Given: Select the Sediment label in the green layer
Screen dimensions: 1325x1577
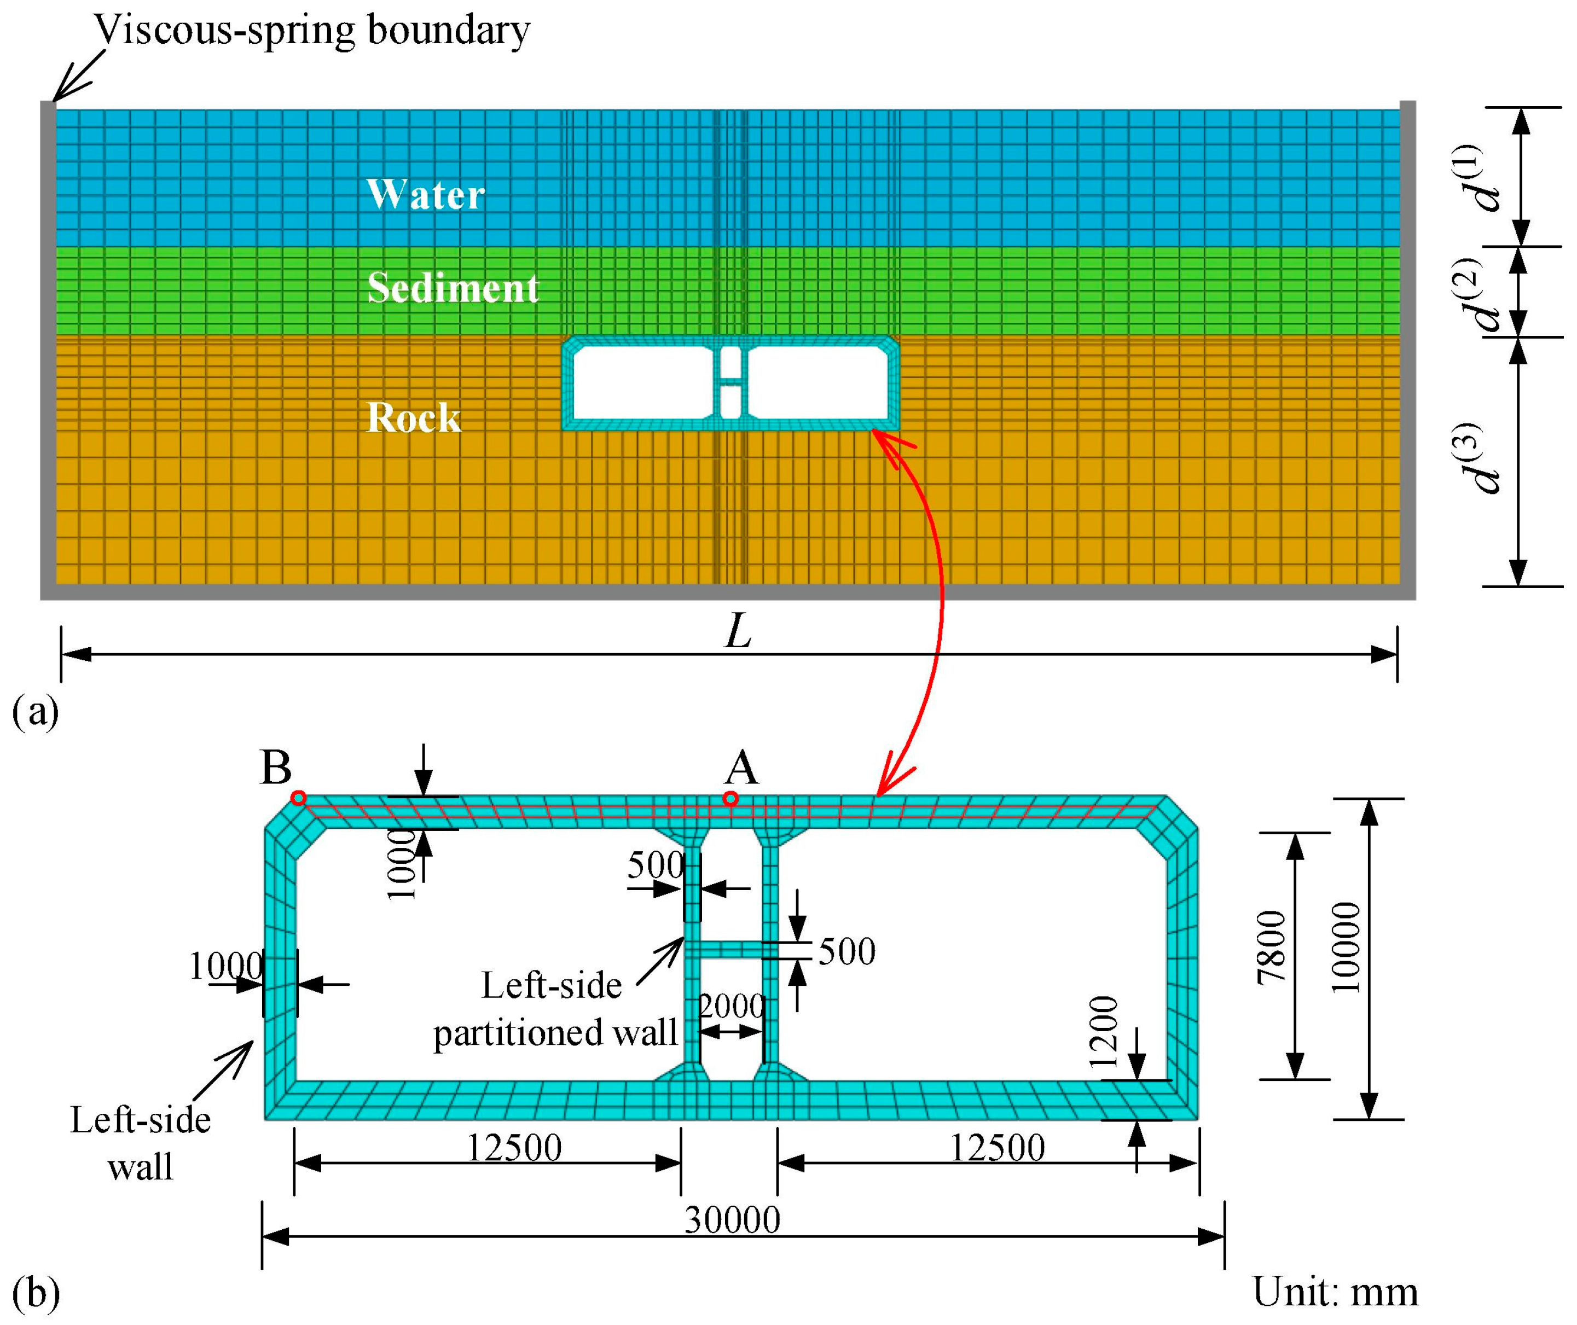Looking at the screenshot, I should click(453, 288).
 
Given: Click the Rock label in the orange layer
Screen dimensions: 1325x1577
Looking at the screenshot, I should click(413, 417).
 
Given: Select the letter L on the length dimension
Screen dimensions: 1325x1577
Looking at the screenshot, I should click(737, 632).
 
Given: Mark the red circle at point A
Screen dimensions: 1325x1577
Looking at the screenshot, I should click(730, 799).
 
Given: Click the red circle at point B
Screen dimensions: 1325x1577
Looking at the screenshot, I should click(299, 798).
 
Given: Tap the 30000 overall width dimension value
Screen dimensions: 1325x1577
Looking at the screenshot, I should click(733, 1220).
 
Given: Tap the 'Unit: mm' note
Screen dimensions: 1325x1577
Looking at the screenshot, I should click(1335, 1292).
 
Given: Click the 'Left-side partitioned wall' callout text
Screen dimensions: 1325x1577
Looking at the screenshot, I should click(554, 1009).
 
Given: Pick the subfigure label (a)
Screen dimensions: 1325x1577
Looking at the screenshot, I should click(36, 711).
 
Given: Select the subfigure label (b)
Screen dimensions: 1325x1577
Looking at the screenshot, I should click(36, 1293).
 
